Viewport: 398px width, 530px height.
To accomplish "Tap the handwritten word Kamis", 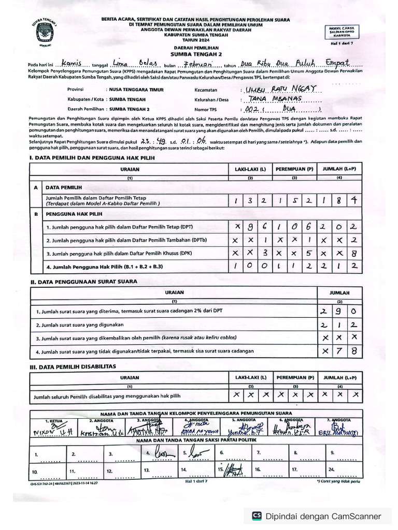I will [x=73, y=63].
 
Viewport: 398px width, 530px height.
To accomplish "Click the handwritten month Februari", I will [x=195, y=63].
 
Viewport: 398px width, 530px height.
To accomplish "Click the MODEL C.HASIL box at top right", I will [x=341, y=31].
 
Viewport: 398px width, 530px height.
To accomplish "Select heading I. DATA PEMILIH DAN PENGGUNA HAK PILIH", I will [x=91, y=157].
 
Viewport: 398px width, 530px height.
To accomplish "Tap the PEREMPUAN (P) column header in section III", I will [x=294, y=377].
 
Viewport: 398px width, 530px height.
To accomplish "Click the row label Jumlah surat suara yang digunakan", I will [x=80, y=325].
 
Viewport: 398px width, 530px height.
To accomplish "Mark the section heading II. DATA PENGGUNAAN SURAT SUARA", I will [x=83, y=282].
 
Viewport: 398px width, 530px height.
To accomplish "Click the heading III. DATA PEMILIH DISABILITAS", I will [x=73, y=366].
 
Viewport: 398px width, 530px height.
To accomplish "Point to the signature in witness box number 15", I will [x=232, y=470].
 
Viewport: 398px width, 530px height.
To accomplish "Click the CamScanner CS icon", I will [x=257, y=516].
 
